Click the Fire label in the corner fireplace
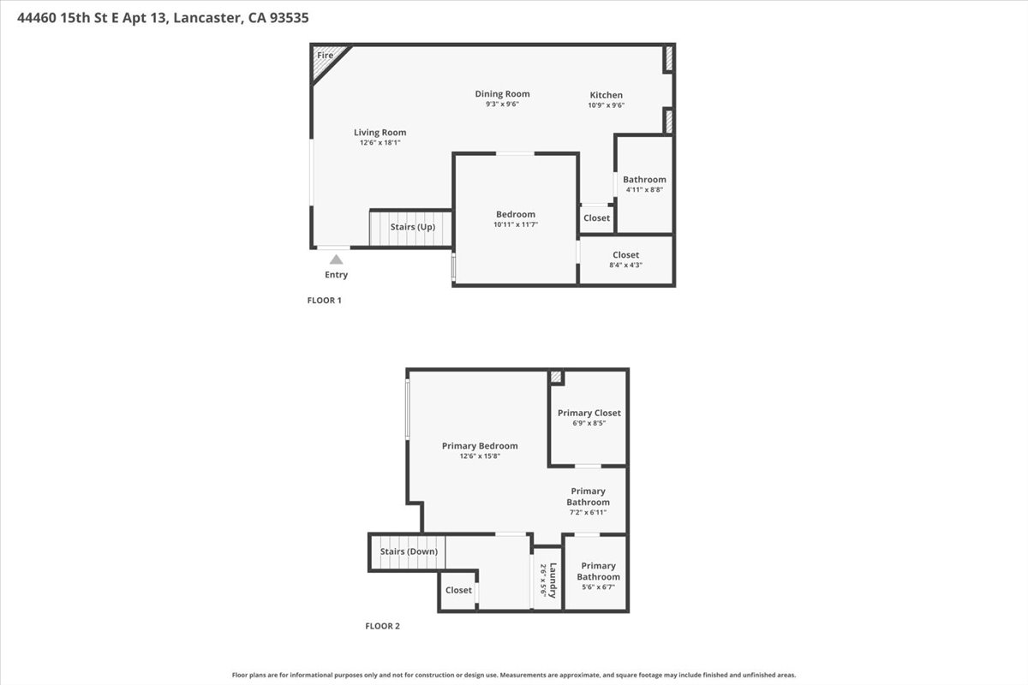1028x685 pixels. [x=325, y=56]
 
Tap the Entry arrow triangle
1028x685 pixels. [x=337, y=259]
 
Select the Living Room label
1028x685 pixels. [x=380, y=133]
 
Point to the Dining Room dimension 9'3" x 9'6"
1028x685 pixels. [x=502, y=104]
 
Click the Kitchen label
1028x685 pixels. [x=606, y=95]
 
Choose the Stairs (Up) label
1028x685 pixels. [x=412, y=227]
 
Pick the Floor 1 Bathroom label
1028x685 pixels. [x=644, y=180]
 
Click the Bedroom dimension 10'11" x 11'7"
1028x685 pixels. [x=515, y=224]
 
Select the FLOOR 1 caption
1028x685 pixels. [x=325, y=301]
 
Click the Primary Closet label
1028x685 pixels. [x=589, y=414]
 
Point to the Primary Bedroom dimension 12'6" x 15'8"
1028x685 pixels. [x=480, y=456]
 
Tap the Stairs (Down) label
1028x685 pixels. [x=409, y=551]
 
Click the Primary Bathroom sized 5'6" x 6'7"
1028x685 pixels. [x=597, y=571]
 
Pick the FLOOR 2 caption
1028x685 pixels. [x=383, y=626]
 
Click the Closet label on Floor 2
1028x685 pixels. [x=458, y=590]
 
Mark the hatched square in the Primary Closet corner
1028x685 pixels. [x=556, y=377]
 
